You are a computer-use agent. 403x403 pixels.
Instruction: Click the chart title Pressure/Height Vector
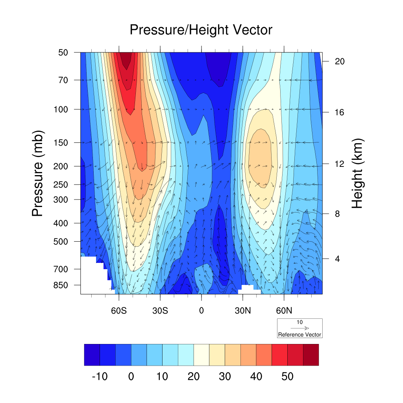click(201, 30)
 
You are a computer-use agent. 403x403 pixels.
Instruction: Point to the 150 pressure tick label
click(61, 142)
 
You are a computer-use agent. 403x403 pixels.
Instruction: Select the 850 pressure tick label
click(61, 285)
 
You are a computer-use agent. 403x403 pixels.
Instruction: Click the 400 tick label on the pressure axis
click(61, 223)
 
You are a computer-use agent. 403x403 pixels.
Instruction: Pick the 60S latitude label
click(118, 310)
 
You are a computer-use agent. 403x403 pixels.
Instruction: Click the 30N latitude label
click(243, 310)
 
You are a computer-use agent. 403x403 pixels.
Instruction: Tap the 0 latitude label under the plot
click(201, 310)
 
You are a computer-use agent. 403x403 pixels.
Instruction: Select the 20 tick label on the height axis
click(339, 61)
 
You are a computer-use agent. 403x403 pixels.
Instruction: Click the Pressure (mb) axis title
click(37, 173)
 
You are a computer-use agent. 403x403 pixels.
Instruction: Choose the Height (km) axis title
click(357, 173)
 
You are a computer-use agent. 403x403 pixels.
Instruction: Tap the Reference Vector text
click(299, 335)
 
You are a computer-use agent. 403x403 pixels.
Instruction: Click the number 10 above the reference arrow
click(299, 322)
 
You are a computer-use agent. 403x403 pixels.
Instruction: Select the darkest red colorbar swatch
click(311, 355)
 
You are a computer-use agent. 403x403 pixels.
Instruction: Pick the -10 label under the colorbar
click(99, 377)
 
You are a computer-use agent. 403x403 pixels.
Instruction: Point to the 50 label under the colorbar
click(287, 377)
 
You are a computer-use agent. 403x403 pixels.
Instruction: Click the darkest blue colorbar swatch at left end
click(92, 355)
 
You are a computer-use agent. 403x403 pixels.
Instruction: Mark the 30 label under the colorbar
click(225, 377)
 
